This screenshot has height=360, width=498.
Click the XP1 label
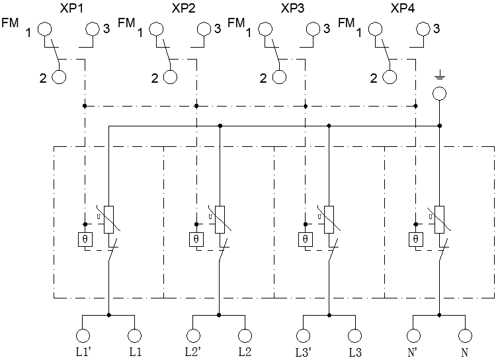71,9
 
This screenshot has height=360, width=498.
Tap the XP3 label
292,9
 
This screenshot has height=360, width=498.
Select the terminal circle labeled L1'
83,336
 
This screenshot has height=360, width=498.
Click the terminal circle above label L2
245,336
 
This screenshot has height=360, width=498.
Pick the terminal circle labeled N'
413,336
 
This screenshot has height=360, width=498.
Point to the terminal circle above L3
355,336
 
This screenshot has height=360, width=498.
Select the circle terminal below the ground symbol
438,93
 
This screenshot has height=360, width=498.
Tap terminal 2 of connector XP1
59,77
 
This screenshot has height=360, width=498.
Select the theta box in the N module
415,239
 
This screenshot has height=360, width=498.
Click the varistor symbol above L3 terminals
329,218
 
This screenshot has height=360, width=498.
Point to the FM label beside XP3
235,23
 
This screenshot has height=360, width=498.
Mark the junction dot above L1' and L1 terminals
108,316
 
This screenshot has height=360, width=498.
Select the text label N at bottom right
465,352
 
